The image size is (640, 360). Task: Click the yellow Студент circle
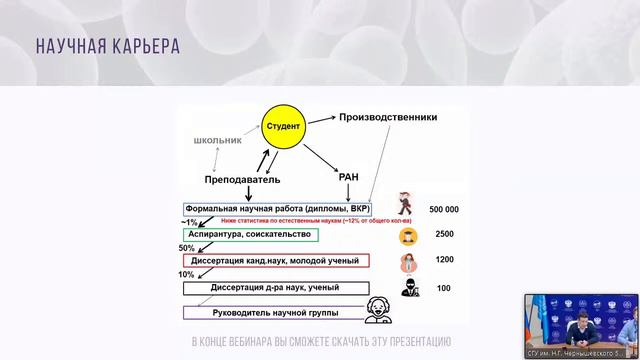pyautogui.click(x=282, y=127)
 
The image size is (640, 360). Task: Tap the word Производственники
pyautogui.click(x=388, y=117)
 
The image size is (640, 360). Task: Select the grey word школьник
pyautogui.click(x=218, y=140)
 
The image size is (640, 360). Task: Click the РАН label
pyautogui.click(x=349, y=177)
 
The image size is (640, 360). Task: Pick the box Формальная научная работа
pyautogui.click(x=276, y=209)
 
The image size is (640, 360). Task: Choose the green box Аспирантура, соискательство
pyautogui.click(x=250, y=235)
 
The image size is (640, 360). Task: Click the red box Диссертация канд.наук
pyautogui.click(x=276, y=261)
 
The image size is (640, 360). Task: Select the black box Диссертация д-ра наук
pyautogui.click(x=274, y=287)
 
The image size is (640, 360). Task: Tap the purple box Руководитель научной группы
pyautogui.click(x=272, y=311)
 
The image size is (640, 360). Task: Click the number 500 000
pyautogui.click(x=443, y=209)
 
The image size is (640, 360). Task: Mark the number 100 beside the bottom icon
pyautogui.click(x=444, y=288)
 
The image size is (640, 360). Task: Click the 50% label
pyautogui.click(x=187, y=248)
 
